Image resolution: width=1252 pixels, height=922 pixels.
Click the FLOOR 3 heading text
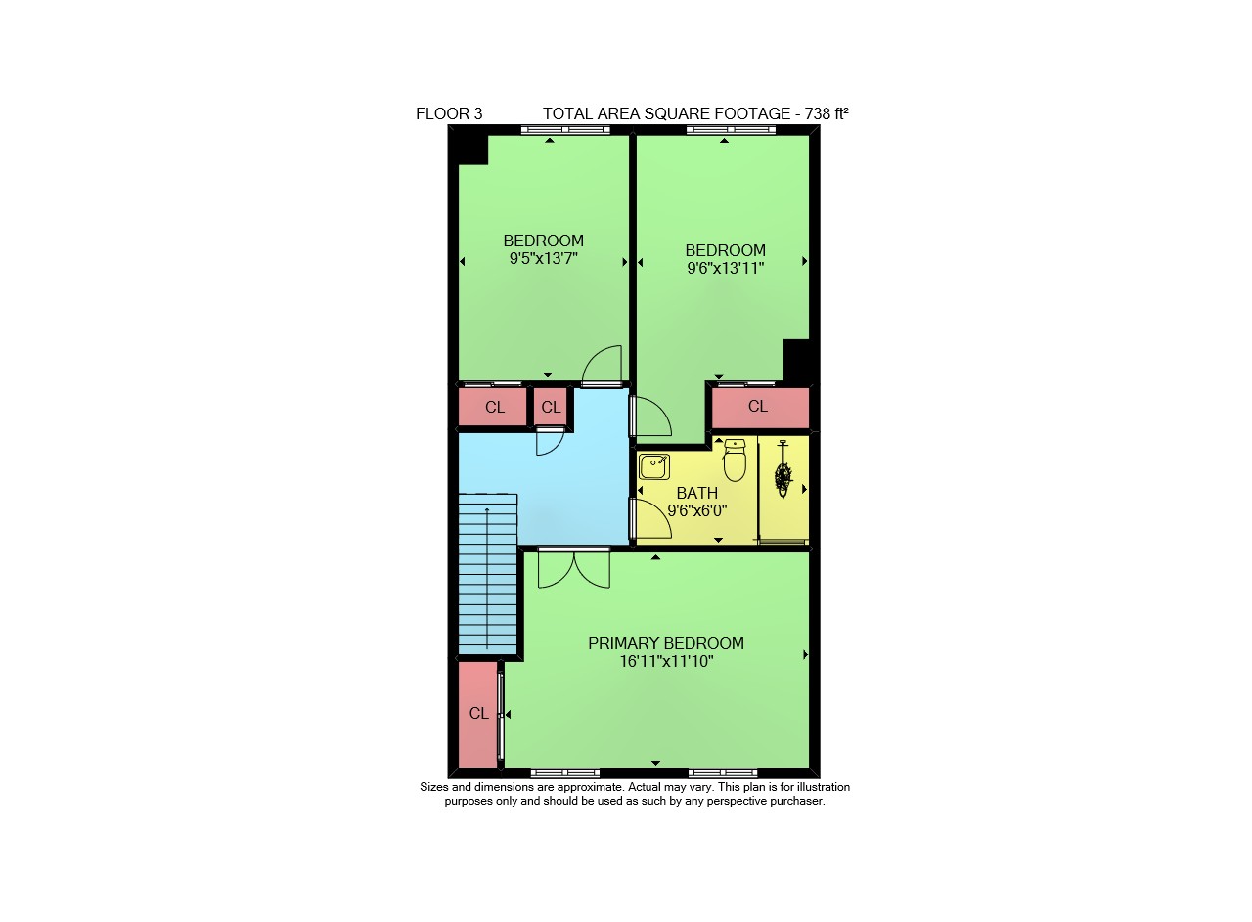pos(449,114)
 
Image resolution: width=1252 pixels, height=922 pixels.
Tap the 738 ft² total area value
pos(827,114)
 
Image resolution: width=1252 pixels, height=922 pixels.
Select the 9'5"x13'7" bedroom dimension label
pos(543,259)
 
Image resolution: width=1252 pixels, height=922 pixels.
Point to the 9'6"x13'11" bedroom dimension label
pos(725,268)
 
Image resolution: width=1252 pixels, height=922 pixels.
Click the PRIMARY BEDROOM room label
pos(666,643)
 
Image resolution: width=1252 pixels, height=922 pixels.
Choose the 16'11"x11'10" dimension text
pos(666,662)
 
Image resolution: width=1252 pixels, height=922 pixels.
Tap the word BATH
pos(697,494)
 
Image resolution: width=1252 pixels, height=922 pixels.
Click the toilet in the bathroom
pos(735,461)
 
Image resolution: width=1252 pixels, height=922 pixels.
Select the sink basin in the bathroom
pos(654,467)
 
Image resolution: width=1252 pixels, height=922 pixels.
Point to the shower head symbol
pos(783,469)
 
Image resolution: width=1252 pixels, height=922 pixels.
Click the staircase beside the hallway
pos(487,573)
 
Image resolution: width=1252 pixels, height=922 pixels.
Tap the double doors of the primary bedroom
pos(574,568)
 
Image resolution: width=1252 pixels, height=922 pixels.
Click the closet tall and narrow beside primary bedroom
pos(478,715)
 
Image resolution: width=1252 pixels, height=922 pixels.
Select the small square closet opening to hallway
pos(551,407)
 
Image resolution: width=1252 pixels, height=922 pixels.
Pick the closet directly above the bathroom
pos(760,408)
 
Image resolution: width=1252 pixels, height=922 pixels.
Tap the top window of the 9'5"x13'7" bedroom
pos(565,130)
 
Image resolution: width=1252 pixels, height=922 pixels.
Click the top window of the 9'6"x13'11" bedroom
pos(731,130)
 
